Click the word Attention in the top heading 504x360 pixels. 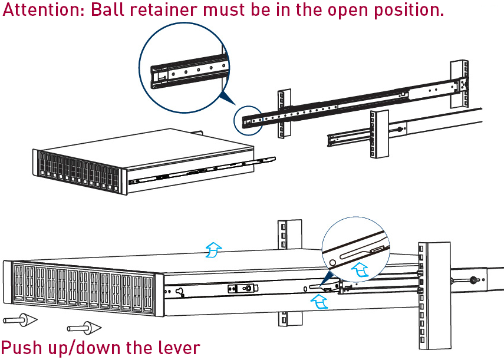(x=44, y=11)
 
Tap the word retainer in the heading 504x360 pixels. (x=167, y=11)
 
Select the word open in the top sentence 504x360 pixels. (x=358, y=11)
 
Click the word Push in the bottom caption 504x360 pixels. (x=22, y=348)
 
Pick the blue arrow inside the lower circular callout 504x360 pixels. (x=360, y=270)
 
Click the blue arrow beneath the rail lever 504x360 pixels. (x=319, y=301)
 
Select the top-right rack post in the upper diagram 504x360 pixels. (x=459, y=82)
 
